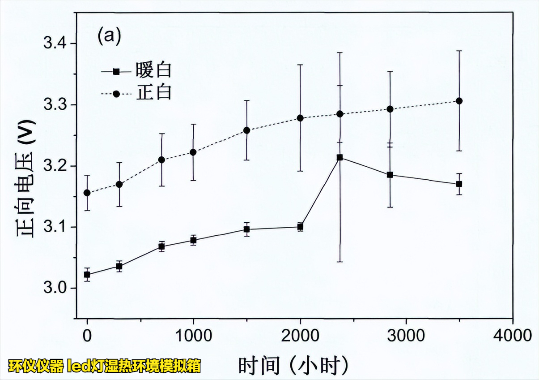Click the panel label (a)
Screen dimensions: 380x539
[x=109, y=36]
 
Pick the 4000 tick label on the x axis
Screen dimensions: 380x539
[x=513, y=335]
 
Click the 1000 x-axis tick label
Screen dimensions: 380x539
[x=193, y=335]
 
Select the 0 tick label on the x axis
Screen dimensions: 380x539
[x=87, y=335]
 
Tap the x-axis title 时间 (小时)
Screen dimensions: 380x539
[x=293, y=366]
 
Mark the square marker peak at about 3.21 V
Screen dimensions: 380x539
[x=340, y=158]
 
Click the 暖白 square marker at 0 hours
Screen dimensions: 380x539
[x=87, y=275]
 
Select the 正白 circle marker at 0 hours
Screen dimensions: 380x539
[x=87, y=193]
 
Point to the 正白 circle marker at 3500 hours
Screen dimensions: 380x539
[x=459, y=101]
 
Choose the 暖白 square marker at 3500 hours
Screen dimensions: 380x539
[x=459, y=184]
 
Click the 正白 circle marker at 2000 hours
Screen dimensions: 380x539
[x=300, y=118]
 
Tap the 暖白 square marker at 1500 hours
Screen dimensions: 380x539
[x=246, y=229]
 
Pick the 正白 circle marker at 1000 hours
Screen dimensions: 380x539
[x=193, y=152]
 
